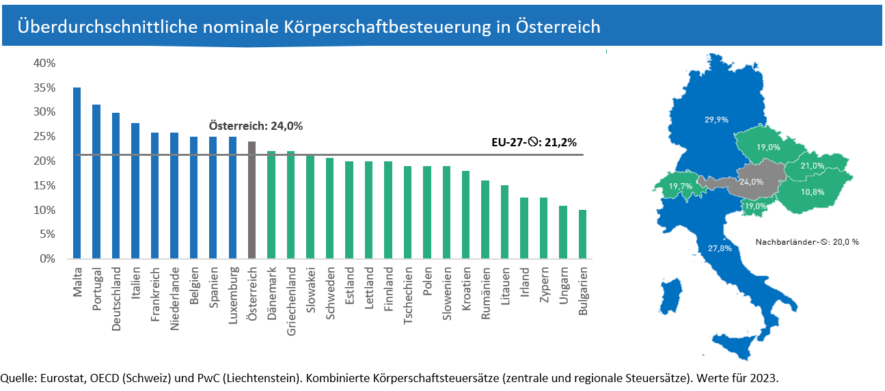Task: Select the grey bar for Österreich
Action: pyautogui.click(x=251, y=200)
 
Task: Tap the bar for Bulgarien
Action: pyautogui.click(x=582, y=234)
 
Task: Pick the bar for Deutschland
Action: pyautogui.click(x=115, y=185)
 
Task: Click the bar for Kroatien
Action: pyautogui.click(x=465, y=215)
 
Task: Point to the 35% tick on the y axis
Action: pyautogui.click(x=44, y=87)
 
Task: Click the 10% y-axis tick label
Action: pyautogui.click(x=44, y=210)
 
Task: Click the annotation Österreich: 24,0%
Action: pyautogui.click(x=256, y=126)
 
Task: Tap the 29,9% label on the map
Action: pyautogui.click(x=716, y=119)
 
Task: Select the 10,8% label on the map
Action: pyautogui.click(x=812, y=192)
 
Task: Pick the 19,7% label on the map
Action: pyautogui.click(x=681, y=186)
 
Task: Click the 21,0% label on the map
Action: pyautogui.click(x=813, y=166)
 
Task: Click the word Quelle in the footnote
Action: pyautogui.click(x=18, y=378)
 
